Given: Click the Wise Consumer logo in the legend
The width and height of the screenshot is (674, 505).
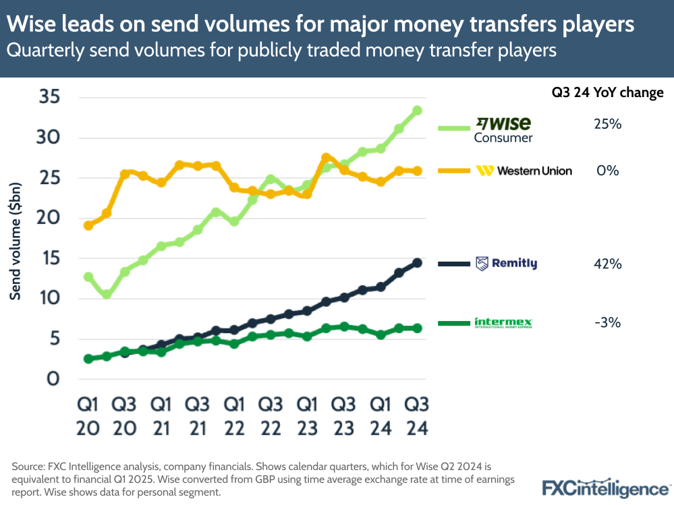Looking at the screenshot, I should (x=503, y=129).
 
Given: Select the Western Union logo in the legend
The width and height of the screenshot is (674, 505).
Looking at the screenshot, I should (x=524, y=171).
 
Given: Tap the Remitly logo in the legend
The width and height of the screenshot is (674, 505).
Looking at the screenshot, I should (x=506, y=264).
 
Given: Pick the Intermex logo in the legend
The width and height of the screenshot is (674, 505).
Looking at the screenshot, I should (x=503, y=323).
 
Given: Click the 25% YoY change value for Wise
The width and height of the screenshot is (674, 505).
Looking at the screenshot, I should (x=608, y=125).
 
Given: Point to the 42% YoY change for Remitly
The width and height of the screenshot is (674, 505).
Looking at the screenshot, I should (x=608, y=264).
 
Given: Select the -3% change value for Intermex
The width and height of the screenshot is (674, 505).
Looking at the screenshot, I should (x=608, y=323).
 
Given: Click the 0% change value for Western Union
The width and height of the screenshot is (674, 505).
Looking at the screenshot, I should (x=608, y=171).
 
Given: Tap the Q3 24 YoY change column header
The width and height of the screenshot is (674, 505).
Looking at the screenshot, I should (x=607, y=92).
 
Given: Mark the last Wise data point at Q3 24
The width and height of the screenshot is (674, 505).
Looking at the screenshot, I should (x=417, y=111).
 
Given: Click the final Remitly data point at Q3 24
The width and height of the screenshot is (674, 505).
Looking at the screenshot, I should (x=417, y=263).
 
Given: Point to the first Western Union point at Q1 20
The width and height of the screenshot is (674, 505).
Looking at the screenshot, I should (x=88, y=225).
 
